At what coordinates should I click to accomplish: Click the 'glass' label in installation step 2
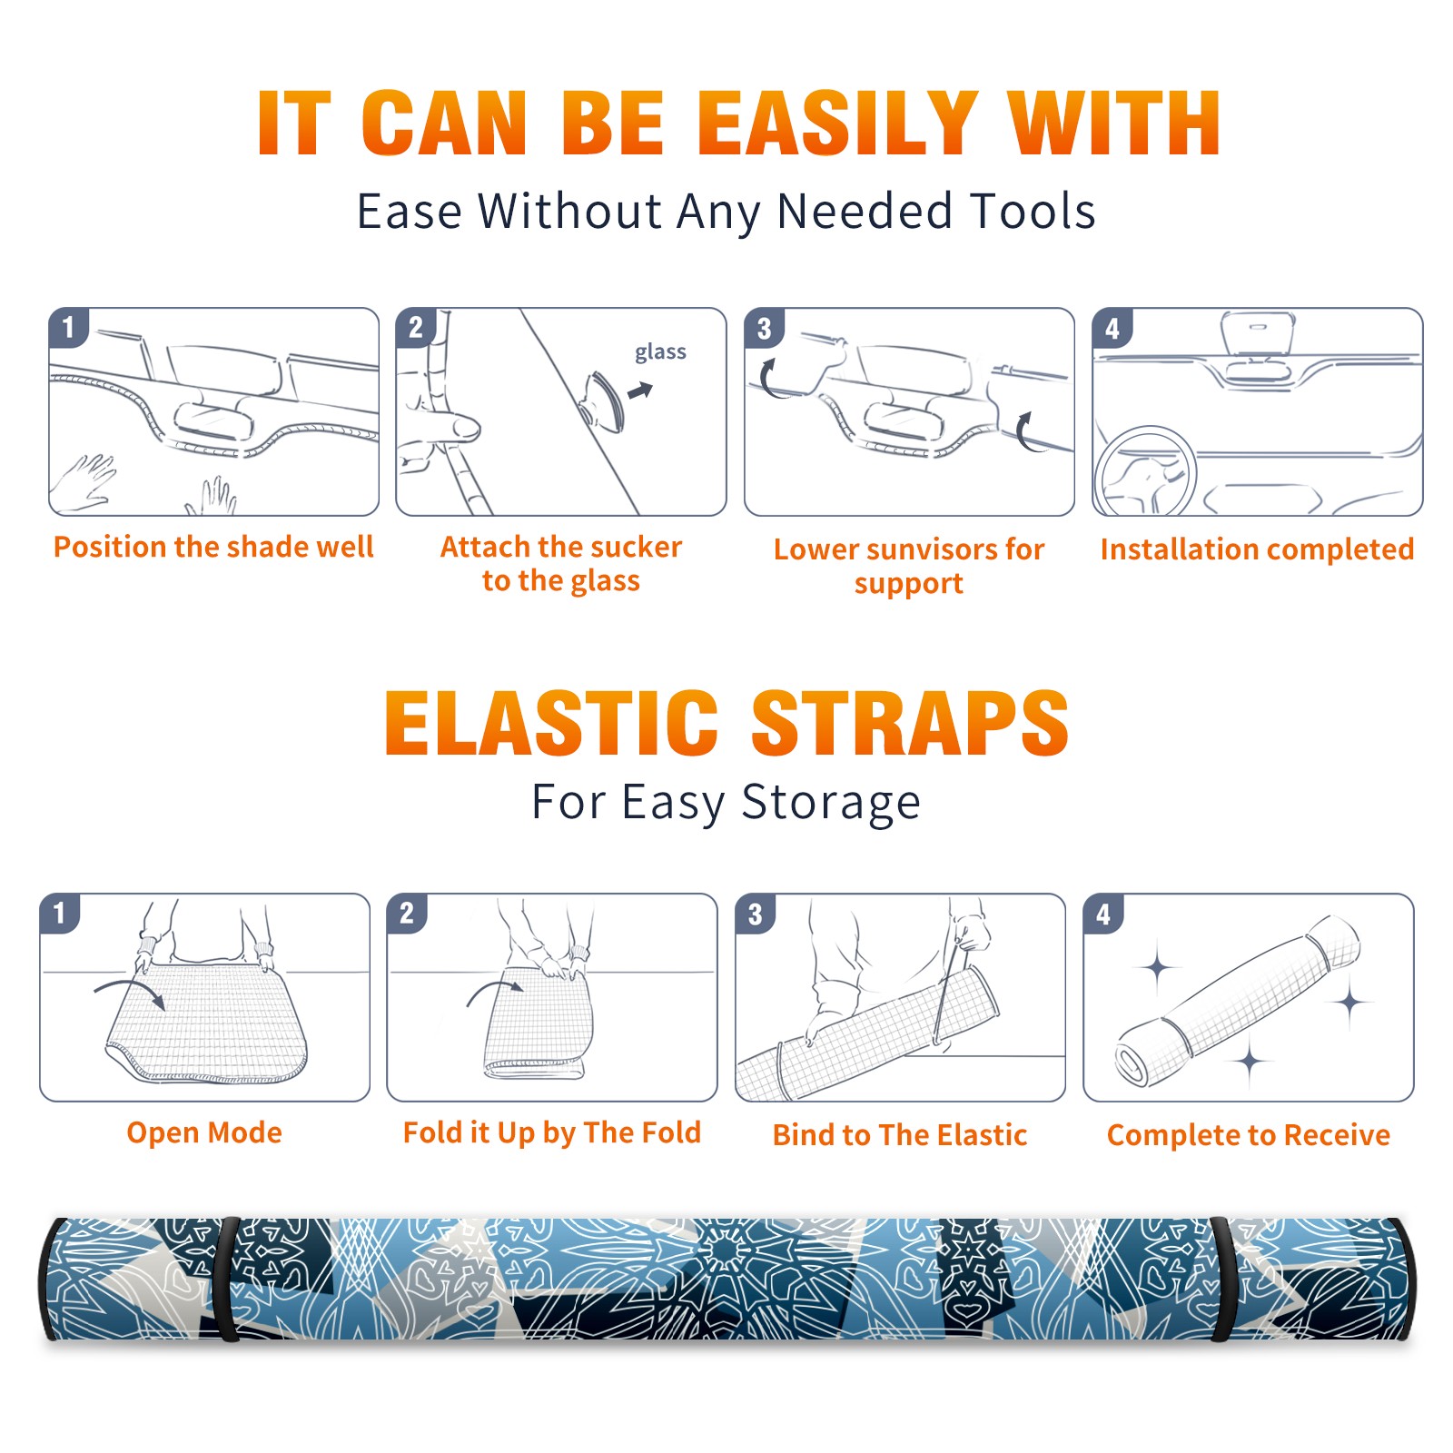[660, 352]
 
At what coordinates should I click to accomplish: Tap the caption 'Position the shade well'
[213, 547]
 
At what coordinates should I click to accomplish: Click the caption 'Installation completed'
[1257, 549]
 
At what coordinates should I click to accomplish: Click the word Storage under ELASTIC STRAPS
[831, 803]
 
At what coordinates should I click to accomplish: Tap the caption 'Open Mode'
[204, 1132]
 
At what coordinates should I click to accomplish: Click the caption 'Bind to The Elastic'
[900, 1135]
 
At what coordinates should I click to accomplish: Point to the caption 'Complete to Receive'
[1249, 1135]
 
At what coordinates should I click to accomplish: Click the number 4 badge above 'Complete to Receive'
[1103, 914]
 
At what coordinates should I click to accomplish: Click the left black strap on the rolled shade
[228, 1279]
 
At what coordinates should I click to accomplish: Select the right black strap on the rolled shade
[1222, 1279]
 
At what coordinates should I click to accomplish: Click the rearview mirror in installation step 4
[1258, 334]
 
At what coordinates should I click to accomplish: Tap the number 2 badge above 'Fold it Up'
[407, 914]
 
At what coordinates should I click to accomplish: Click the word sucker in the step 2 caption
[636, 547]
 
